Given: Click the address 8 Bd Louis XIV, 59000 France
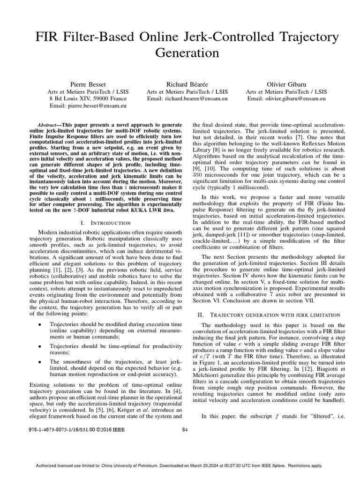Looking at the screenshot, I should coord(88,99).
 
